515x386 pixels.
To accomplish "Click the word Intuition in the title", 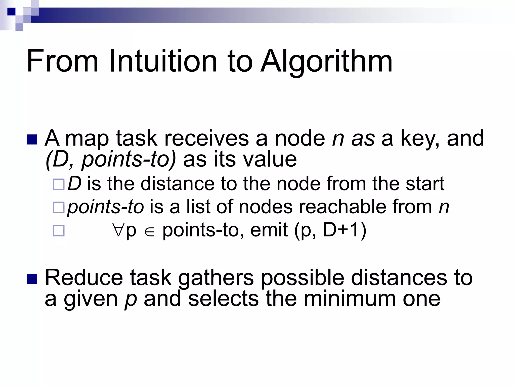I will pyautogui.click(x=163, y=61).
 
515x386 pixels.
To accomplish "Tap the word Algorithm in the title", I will pyautogui.click(x=326, y=61).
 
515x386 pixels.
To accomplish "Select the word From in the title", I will pyautogui.click(x=62, y=61).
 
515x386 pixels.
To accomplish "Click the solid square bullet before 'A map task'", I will pyautogui.click(x=32, y=139).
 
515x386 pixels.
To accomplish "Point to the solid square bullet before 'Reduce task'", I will pyautogui.click(x=32, y=279).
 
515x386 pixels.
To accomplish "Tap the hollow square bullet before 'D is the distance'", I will pyautogui.click(x=59, y=184).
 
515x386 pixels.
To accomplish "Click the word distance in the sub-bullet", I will pyautogui.click(x=177, y=183).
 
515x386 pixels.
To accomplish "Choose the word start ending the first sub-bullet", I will pyautogui.click(x=425, y=183).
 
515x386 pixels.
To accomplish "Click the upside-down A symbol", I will pyautogui.click(x=118, y=230).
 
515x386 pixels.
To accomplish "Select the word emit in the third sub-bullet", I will pyautogui.click(x=269, y=230).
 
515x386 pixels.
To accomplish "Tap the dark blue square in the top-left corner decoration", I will pyautogui.click(x=11, y=11).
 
